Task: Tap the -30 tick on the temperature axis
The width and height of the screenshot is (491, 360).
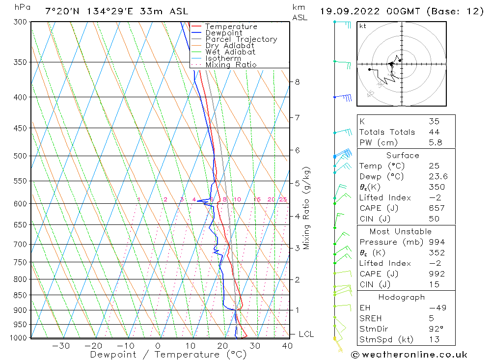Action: point(61,346)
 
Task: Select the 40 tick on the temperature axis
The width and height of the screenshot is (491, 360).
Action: point(287,346)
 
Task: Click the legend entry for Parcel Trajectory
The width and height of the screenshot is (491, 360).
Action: point(241,39)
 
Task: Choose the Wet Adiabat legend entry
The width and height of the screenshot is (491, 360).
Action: point(230,52)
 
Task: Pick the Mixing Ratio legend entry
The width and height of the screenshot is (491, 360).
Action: point(231,65)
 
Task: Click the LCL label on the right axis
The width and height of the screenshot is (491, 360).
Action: point(306,334)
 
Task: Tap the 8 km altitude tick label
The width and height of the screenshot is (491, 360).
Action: point(298,82)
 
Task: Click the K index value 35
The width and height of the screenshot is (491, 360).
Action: point(434,121)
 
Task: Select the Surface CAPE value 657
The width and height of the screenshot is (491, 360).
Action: point(436,208)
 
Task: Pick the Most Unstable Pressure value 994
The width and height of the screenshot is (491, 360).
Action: point(436,242)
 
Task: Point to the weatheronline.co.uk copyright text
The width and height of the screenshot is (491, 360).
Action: point(409,354)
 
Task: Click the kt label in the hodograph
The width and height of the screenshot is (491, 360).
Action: point(362,26)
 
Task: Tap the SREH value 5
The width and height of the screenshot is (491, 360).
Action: point(430,318)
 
